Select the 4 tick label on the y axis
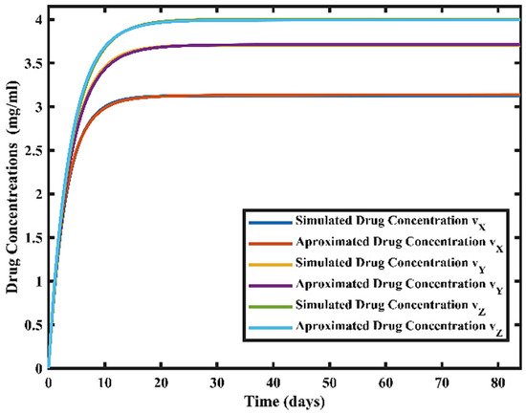[36, 19]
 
